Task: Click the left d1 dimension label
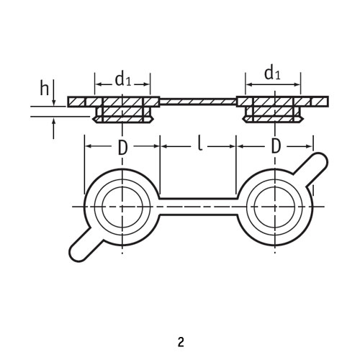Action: click(123, 80)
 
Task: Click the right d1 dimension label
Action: click(272, 73)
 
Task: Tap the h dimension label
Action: click(44, 89)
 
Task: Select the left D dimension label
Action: click(122, 148)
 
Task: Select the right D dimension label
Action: click(276, 146)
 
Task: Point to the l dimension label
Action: click(200, 144)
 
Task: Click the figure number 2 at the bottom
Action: click(181, 342)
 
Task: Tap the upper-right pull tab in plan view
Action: click(312, 168)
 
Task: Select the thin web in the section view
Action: click(198, 102)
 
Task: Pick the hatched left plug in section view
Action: click(122, 109)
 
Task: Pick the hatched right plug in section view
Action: click(274, 109)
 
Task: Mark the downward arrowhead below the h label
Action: click(54, 102)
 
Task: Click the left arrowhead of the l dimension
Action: click(163, 146)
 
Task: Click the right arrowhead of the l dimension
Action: click(233, 146)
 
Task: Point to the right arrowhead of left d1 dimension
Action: click(147, 84)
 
